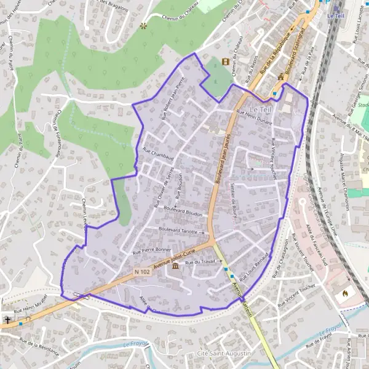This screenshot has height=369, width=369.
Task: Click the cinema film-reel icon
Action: (x=226, y=61)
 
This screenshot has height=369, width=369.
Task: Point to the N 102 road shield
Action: (x=142, y=270)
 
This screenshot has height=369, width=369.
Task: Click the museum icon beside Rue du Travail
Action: (x=176, y=266)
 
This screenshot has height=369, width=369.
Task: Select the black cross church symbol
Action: (x=7, y=320)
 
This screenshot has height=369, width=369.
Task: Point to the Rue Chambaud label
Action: (x=157, y=157)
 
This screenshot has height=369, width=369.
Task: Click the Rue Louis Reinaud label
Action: (x=256, y=264)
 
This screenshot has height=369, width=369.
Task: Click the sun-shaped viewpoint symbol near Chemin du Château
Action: (x=144, y=26)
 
